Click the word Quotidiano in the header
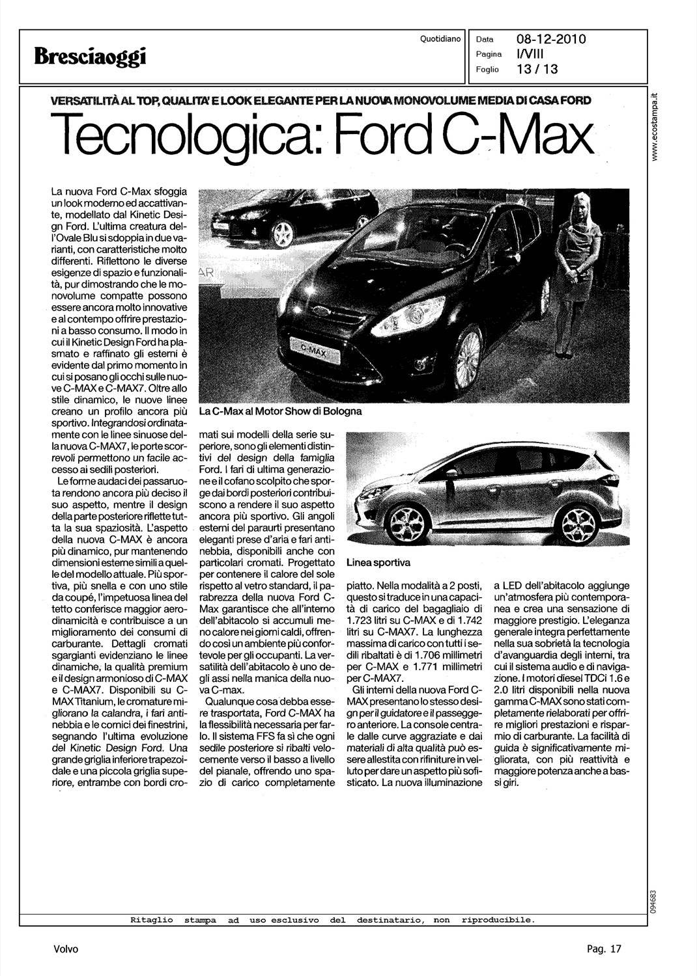point(440,39)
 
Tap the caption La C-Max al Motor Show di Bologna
point(280,411)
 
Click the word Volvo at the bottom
point(66,949)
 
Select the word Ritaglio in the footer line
point(152,920)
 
